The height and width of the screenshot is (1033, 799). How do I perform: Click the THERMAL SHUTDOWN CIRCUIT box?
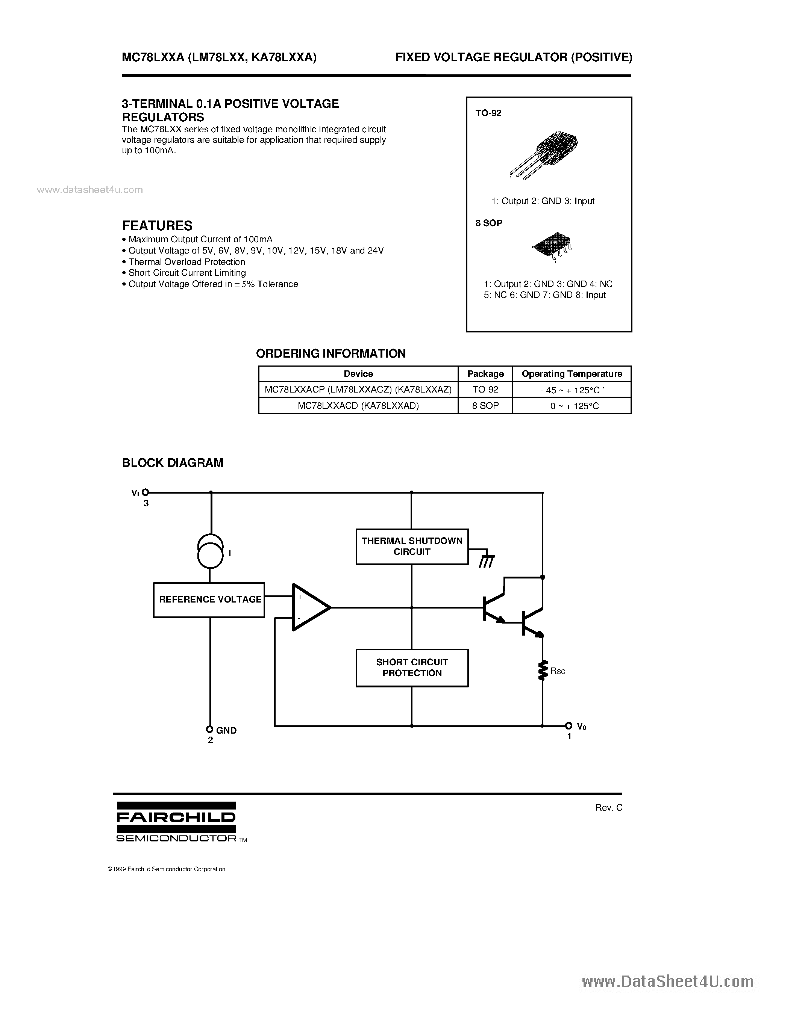pos(412,546)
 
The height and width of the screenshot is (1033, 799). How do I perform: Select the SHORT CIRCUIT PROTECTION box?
pos(412,668)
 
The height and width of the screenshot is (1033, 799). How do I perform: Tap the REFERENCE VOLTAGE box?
pos(209,600)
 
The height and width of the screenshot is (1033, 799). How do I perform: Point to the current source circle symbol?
pos(211,552)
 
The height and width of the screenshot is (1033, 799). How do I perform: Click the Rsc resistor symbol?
pos(543,670)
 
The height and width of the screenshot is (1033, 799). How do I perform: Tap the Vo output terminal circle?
pos(569,726)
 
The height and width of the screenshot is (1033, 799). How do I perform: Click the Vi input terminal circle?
pos(146,492)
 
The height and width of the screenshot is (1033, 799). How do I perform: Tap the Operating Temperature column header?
pos(572,374)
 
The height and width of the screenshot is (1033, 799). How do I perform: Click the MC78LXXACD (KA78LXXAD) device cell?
pos(358,405)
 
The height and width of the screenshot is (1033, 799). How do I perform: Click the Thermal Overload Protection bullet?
pos(186,261)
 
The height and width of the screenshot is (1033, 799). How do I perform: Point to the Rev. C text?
pos(609,807)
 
